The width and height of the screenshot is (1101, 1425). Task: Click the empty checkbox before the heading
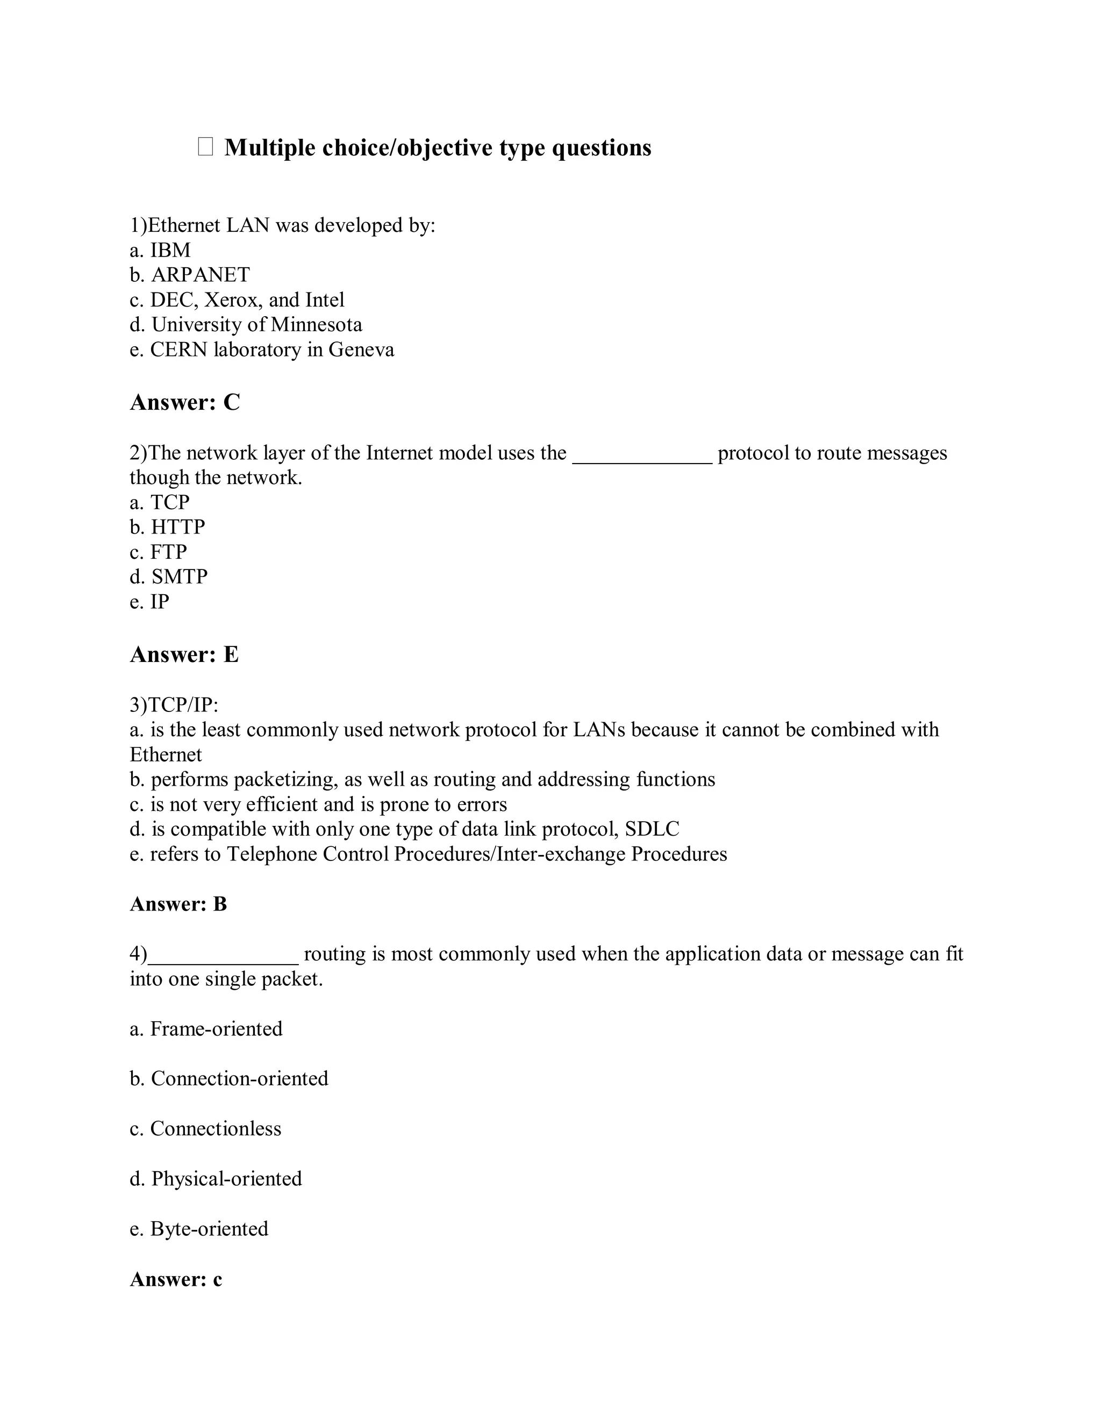click(x=205, y=147)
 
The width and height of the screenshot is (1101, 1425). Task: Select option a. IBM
click(x=160, y=250)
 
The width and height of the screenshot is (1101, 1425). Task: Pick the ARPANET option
click(x=190, y=275)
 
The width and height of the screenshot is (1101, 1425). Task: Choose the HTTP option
click(x=168, y=526)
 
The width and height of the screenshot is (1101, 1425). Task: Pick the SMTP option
click(x=169, y=577)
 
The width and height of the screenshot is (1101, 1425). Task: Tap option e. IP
click(x=150, y=602)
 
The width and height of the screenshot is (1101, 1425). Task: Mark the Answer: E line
click(x=184, y=654)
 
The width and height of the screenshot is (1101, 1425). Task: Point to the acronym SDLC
click(x=652, y=829)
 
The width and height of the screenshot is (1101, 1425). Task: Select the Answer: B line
click(x=178, y=904)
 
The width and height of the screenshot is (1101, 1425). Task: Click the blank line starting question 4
click(x=223, y=955)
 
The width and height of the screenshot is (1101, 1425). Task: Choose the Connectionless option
click(x=206, y=1129)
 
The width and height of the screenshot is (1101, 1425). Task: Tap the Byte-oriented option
click(x=199, y=1229)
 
